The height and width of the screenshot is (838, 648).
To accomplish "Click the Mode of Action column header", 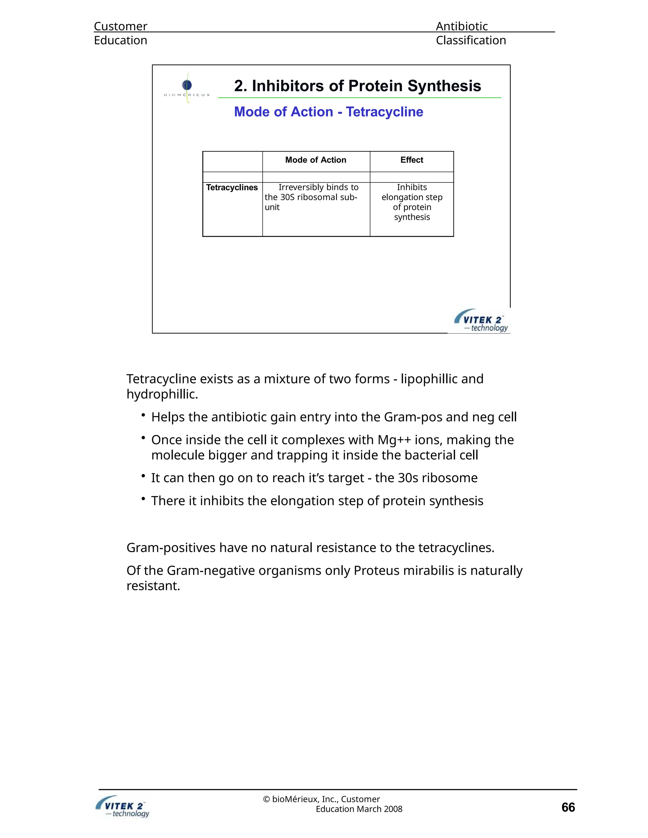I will [x=315, y=160].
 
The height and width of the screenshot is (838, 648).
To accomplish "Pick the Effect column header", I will [x=412, y=160].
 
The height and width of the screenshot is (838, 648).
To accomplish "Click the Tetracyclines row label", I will [x=232, y=188].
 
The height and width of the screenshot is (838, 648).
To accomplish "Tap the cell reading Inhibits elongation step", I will [x=412, y=202].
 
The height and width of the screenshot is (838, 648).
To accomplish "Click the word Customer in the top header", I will [x=121, y=26].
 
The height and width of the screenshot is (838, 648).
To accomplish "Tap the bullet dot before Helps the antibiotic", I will [x=143, y=415].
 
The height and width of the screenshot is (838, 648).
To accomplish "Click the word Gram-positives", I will [x=171, y=548].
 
